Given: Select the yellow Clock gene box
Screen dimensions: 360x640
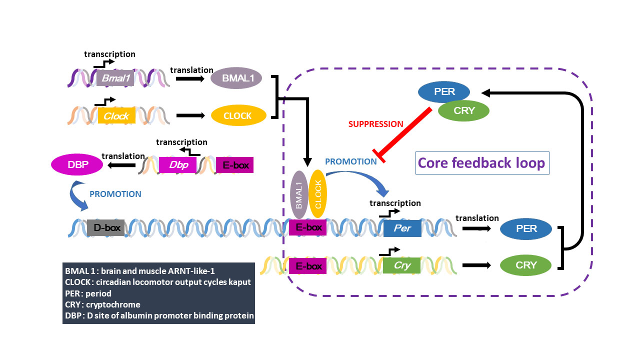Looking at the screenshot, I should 116,116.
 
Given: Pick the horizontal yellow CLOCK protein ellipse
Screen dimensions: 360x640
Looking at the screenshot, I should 238,116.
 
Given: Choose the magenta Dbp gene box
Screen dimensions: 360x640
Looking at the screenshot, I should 177,165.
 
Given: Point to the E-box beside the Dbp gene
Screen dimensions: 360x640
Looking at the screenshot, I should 235,165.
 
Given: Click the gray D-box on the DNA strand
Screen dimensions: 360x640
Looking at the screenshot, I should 105,227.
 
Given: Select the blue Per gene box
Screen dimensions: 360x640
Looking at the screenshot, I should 402,228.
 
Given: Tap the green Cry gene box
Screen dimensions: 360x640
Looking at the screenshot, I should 402,265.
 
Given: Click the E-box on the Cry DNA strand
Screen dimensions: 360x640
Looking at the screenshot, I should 308,266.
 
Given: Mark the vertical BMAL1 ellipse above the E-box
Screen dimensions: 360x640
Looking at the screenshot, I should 299,195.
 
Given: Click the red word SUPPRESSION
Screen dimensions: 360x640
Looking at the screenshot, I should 376,124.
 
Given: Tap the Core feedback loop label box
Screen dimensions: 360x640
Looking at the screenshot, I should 482,163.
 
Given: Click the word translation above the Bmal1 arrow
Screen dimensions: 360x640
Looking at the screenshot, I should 191,70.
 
